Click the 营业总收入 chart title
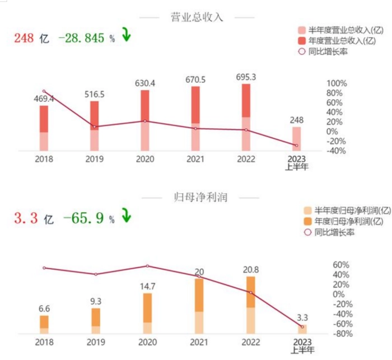197,17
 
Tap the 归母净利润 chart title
200,198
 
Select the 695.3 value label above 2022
246,77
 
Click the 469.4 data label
44,99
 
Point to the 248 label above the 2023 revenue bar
296,120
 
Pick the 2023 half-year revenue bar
297,139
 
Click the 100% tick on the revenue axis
337,83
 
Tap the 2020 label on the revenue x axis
145,159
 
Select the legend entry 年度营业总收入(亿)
337,41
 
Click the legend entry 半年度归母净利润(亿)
347,211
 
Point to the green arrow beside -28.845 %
127,35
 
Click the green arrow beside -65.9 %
126,215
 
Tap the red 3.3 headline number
26,217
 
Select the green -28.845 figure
81,38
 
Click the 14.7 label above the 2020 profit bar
147,287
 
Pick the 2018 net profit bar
44,325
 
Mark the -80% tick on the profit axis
343,334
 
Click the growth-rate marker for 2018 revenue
44,91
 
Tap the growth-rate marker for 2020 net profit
147,266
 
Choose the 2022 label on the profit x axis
251,342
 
